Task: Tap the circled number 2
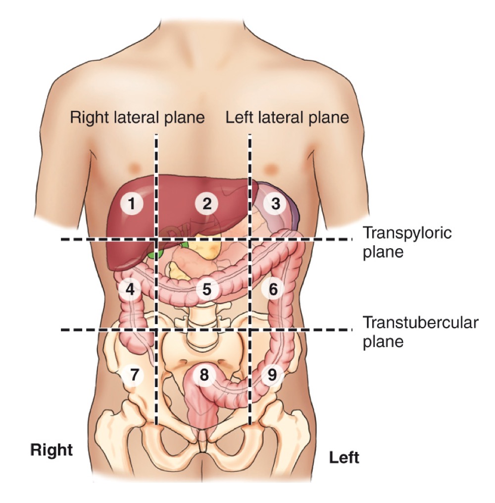click(206, 203)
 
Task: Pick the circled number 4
click(130, 289)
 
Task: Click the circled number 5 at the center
click(206, 289)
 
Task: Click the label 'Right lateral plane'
click(137, 118)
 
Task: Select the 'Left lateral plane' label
click(287, 118)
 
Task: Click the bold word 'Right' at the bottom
click(51, 449)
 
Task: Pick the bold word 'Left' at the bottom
click(344, 457)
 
